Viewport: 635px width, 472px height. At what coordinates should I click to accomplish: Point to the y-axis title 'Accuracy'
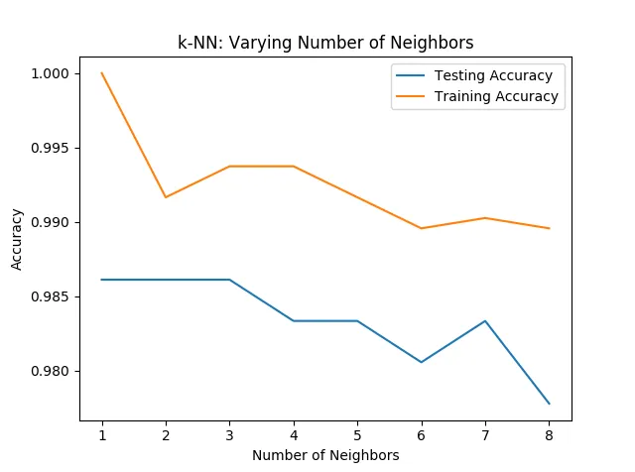click(17, 239)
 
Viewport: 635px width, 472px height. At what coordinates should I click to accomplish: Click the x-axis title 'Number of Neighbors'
click(325, 455)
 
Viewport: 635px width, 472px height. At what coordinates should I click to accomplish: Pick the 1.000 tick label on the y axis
click(50, 73)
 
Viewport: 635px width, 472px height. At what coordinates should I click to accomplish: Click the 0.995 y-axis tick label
click(50, 148)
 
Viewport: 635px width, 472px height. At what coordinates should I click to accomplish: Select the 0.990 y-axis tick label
click(50, 222)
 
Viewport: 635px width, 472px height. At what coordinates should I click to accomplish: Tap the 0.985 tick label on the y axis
click(50, 296)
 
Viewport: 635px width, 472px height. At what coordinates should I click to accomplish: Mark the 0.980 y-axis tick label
click(50, 371)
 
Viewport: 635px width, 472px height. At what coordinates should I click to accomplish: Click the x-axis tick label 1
click(102, 434)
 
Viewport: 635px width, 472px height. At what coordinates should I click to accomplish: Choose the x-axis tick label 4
click(294, 434)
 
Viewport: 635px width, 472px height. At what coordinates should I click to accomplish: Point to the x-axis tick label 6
click(422, 434)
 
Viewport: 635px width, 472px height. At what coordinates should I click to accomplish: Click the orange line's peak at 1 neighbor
click(102, 73)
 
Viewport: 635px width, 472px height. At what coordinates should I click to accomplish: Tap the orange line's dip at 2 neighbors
click(166, 197)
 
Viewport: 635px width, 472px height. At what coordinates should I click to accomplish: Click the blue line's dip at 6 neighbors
click(422, 362)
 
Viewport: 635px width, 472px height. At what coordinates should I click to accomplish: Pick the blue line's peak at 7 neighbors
click(485, 321)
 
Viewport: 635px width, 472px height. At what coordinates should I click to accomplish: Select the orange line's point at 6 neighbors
click(422, 228)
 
